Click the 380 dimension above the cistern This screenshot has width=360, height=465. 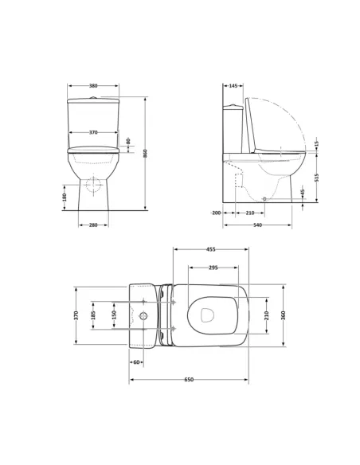pos(93,86)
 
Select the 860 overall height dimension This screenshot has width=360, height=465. pos(146,154)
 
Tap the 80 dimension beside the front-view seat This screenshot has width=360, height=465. pos(128,142)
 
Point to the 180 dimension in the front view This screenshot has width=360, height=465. pos(65,196)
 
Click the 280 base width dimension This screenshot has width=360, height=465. pos(93,225)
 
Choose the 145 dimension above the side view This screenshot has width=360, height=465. pos(233,86)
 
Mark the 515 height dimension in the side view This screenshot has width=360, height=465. pos(316,178)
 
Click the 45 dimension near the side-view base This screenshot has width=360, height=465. pos(303,192)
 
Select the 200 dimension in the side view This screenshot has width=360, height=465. pos(216,213)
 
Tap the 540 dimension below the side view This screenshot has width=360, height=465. pos(257,225)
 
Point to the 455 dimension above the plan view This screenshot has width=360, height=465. pos(210,249)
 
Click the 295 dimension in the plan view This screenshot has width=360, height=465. pos(213,268)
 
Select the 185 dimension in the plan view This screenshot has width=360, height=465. pos(94,315)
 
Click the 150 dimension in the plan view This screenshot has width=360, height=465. pos(113,315)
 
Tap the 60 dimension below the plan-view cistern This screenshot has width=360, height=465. pos(136,362)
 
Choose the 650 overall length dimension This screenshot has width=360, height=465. pos(189,380)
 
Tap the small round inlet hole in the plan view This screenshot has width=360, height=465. pos(143,315)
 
